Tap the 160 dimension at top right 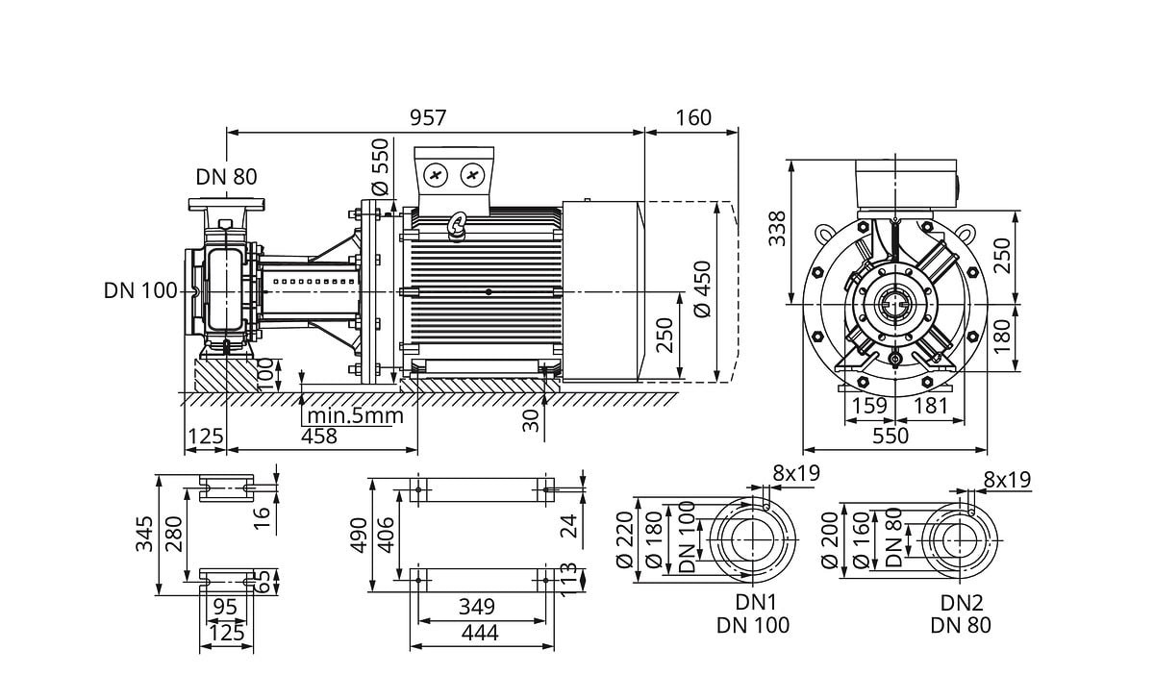tap(692, 117)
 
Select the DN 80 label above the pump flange tap(227, 177)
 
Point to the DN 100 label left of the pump tap(140, 290)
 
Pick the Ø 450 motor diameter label tap(701, 290)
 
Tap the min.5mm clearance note tap(354, 416)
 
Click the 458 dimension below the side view tap(319, 437)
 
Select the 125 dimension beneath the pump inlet tap(204, 437)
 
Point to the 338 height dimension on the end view tap(777, 229)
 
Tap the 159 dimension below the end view tap(869, 406)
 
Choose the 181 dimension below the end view tap(929, 406)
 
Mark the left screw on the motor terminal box tap(437, 175)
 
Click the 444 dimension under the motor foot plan tap(478, 633)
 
